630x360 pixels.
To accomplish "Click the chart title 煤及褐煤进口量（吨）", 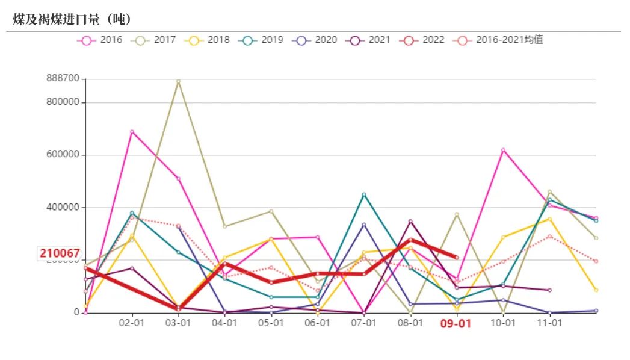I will (x=72, y=19).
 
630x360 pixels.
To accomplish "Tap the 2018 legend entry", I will (x=208, y=40).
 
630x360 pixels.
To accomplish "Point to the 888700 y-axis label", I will (x=63, y=79).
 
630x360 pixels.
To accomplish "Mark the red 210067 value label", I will (x=60, y=253).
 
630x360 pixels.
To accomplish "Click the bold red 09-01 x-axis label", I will (x=456, y=323).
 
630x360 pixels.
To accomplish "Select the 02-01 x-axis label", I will (x=131, y=323).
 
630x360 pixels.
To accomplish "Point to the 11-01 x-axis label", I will (x=549, y=323).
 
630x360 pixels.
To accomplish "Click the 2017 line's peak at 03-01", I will (x=178, y=81).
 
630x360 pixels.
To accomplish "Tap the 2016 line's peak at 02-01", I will (x=132, y=132).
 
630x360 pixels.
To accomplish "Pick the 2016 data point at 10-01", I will (x=503, y=150).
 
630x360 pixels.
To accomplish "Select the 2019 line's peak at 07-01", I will (x=364, y=194).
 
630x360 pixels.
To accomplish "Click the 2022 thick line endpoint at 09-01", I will (x=457, y=257).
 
